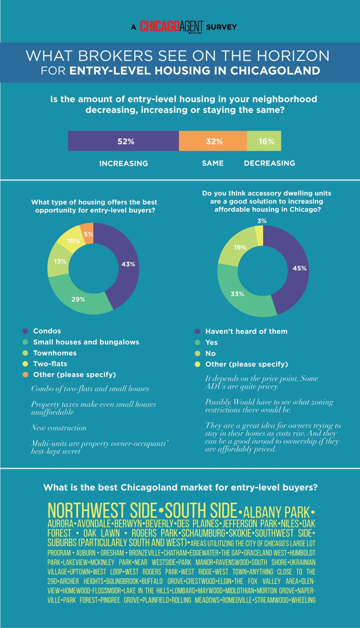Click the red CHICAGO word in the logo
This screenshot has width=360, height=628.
click(x=160, y=26)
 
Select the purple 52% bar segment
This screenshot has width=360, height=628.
click(x=123, y=141)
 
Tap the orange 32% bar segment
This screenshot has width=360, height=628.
click(x=213, y=141)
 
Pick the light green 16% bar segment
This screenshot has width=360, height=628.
click(x=264, y=141)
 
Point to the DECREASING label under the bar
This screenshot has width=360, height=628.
click(x=270, y=163)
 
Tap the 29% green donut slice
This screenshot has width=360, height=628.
click(x=78, y=299)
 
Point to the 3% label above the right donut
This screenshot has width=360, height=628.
click(x=262, y=221)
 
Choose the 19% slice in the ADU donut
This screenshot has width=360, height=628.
click(x=238, y=247)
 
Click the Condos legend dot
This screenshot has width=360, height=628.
click(x=25, y=331)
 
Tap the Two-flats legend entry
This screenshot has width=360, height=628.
click(x=45, y=364)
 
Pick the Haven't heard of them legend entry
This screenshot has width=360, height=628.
click(x=241, y=331)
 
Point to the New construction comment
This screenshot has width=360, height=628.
click(x=59, y=428)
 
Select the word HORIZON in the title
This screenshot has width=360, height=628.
click(x=293, y=56)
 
